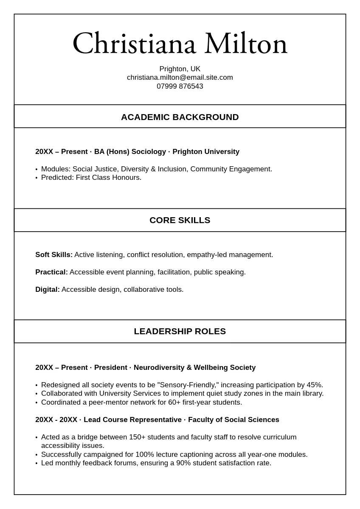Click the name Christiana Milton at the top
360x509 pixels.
180,44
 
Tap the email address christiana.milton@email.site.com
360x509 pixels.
180,78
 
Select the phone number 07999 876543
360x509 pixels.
180,87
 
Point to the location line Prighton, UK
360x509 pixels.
180,69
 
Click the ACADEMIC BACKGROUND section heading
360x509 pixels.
180,117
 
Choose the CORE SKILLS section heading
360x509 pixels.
180,220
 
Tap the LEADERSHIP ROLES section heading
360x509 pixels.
180,331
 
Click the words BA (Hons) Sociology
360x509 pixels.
130,152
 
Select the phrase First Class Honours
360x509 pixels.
108,178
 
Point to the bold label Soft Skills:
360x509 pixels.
54,255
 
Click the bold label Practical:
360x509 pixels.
51,272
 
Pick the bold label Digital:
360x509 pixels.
48,290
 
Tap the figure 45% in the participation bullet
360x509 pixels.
314,385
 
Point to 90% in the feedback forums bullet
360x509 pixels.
183,463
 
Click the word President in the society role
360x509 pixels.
111,368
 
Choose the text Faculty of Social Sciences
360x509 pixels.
233,420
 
